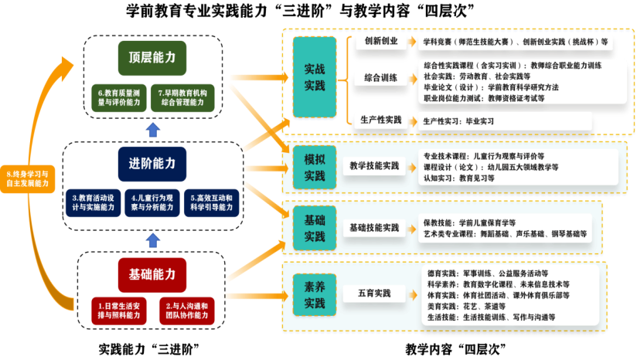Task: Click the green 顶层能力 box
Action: (x=152, y=58)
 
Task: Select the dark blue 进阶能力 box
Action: (x=152, y=164)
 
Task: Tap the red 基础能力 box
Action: (x=152, y=274)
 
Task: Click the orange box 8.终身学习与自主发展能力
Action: (x=27, y=178)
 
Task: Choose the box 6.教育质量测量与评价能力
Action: (x=119, y=97)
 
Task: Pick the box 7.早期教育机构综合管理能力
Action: (x=182, y=97)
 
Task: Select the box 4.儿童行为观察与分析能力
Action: (x=153, y=202)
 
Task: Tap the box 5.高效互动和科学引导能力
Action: (x=212, y=202)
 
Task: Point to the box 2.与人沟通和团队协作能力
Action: (x=186, y=311)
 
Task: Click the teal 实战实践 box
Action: (x=314, y=77)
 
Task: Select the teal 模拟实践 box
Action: (x=314, y=168)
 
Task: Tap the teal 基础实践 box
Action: (x=314, y=229)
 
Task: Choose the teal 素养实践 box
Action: (x=314, y=296)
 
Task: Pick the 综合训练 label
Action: (x=381, y=78)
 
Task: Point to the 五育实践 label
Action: (x=374, y=294)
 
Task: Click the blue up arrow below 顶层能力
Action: (x=153, y=129)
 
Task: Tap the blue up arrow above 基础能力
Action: (x=153, y=239)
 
